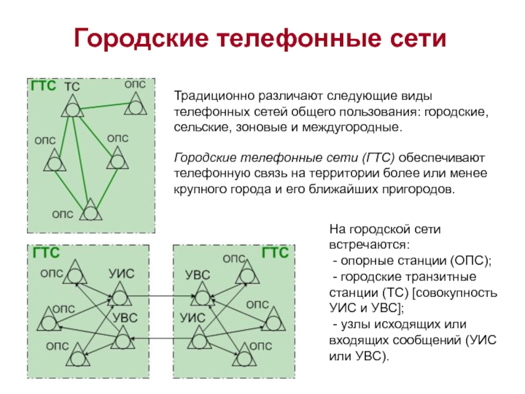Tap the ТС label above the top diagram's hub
click(72, 87)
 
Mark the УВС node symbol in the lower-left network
click(122, 339)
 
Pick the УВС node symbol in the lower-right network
click(198, 296)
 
